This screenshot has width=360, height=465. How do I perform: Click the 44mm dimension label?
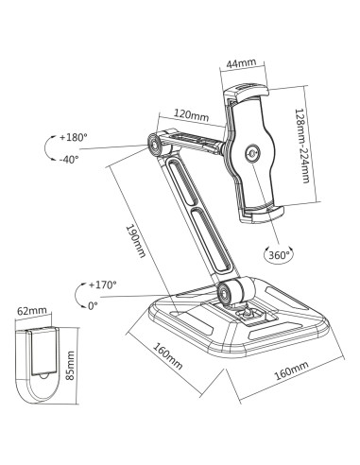pos(244,64)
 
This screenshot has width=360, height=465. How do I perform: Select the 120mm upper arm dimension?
pos(192,115)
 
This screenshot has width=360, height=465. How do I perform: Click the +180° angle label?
pos(73,137)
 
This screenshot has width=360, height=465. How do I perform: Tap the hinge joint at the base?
pos(227,293)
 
